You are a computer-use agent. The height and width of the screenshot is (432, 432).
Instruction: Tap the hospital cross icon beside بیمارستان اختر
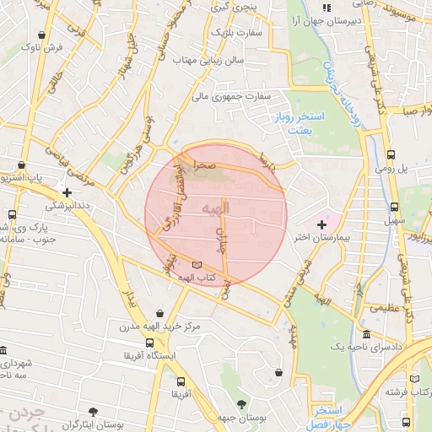point(321,224)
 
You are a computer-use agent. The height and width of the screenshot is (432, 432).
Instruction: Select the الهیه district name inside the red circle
point(216,208)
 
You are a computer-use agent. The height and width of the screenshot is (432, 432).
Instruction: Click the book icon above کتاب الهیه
point(197,264)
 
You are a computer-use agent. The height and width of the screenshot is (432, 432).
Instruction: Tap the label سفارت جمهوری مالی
point(230,96)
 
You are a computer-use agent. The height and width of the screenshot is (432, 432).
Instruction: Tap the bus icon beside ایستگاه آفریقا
point(149,343)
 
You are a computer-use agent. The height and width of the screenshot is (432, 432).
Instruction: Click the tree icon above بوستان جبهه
point(242,404)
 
